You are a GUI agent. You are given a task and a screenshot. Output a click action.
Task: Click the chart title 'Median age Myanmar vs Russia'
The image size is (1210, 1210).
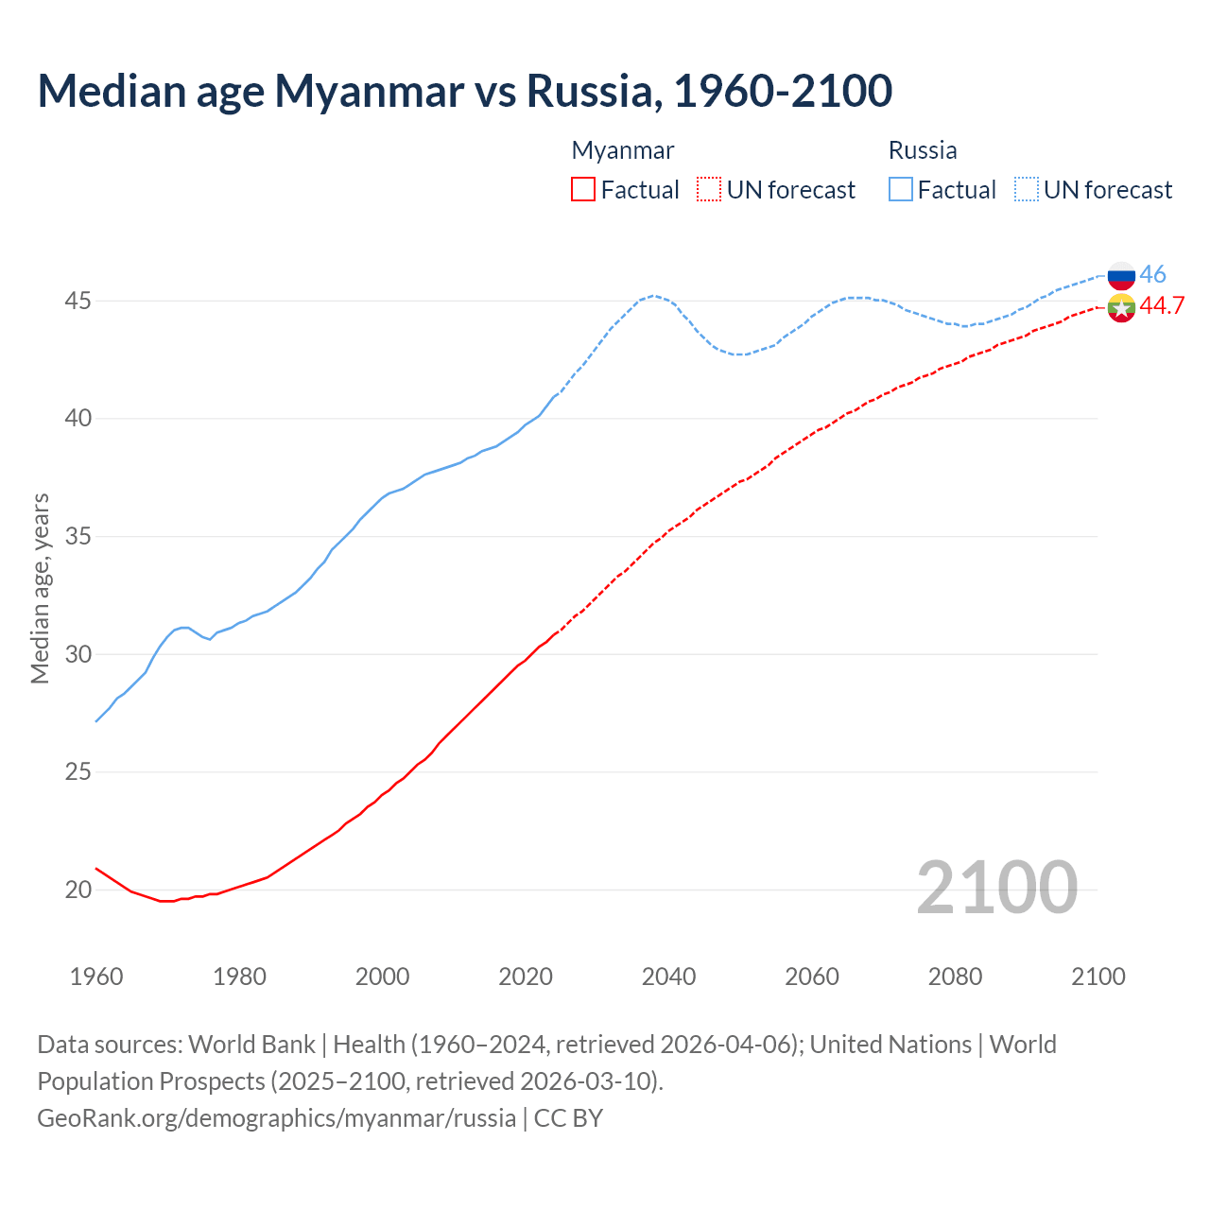point(464,91)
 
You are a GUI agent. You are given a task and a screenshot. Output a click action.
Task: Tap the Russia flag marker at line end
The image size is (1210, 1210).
point(1121,276)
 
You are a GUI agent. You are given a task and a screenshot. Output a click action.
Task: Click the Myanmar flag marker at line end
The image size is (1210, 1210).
point(1121,308)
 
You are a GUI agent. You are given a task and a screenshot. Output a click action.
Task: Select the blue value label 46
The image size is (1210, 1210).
point(1152,274)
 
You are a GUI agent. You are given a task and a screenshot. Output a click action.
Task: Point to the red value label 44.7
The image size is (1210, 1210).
point(1162,305)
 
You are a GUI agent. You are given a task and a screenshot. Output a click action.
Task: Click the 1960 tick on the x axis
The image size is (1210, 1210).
point(96,977)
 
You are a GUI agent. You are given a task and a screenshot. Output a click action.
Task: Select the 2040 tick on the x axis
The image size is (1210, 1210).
point(668,977)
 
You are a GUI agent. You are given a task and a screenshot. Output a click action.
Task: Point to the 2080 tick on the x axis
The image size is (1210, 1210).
point(955,977)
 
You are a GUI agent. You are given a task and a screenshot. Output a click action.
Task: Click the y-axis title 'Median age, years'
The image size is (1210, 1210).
point(40,588)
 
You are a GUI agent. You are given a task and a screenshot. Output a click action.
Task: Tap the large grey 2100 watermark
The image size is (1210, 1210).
point(996,887)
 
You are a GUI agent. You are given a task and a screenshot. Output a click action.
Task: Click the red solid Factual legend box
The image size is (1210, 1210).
point(583,189)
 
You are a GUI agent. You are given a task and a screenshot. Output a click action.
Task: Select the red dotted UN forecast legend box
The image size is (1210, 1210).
point(709,189)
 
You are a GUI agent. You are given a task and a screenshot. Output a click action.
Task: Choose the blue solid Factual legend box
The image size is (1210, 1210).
point(901,189)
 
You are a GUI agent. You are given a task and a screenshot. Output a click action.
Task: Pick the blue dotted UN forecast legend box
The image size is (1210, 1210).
point(1027,189)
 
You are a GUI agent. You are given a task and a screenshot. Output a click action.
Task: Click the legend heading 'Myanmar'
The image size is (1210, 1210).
point(623,150)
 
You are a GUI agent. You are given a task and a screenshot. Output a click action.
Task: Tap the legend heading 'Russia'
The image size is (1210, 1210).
point(923,150)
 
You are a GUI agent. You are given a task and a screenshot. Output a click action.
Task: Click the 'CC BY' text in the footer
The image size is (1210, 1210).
point(568,1117)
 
